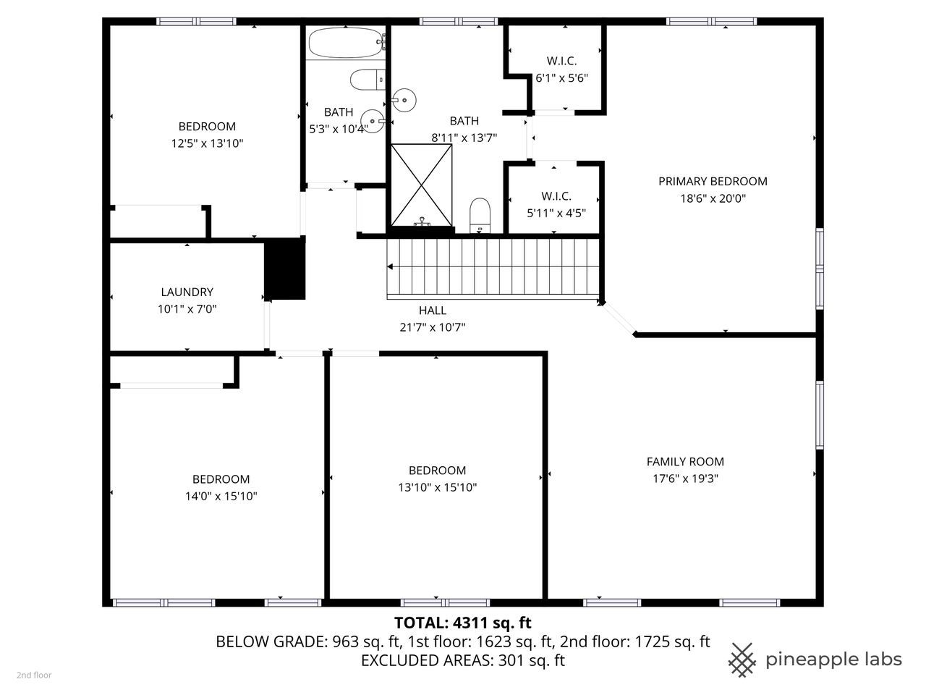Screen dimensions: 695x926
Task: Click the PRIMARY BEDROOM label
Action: point(713,181)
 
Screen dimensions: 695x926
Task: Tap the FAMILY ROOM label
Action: point(684,461)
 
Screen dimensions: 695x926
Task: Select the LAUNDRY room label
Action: point(187,292)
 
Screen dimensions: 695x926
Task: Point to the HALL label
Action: point(432,310)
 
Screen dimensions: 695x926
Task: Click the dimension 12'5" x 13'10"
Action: point(207,143)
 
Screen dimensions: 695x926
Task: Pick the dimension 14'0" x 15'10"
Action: point(221,496)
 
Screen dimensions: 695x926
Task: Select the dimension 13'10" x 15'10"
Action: point(437,487)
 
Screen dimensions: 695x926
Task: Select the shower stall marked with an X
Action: point(422,184)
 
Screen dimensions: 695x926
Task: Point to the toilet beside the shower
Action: point(480,215)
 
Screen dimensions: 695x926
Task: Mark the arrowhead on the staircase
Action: point(391,266)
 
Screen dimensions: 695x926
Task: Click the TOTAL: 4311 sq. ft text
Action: point(462,622)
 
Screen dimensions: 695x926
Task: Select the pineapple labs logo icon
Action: point(742,658)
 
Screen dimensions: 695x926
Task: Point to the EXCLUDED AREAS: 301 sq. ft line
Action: point(462,660)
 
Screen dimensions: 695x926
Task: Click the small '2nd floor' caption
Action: point(34,675)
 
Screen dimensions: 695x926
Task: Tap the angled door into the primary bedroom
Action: point(619,319)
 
